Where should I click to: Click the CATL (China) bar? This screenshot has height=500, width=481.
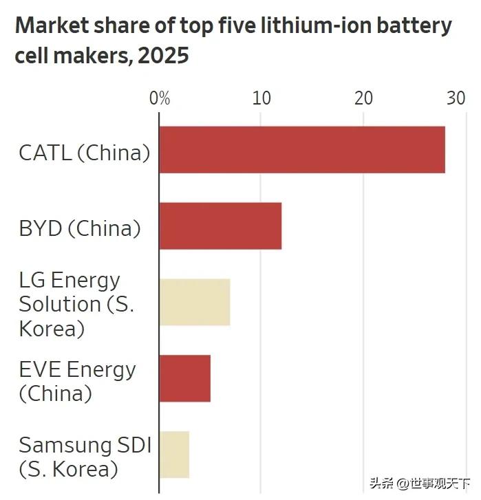[302, 149]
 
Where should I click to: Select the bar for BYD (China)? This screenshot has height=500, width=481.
[220, 226]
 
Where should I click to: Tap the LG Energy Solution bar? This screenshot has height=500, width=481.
[195, 302]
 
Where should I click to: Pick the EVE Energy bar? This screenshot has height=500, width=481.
[185, 378]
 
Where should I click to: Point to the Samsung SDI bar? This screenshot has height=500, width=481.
[174, 455]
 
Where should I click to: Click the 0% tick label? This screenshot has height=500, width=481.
[160, 98]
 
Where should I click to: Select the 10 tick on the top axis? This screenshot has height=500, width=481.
[261, 98]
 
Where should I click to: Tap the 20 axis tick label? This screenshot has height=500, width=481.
[363, 98]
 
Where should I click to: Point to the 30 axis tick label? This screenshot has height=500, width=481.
[456, 98]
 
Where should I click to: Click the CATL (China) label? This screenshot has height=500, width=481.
[84, 153]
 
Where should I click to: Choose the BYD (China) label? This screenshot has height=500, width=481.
[80, 228]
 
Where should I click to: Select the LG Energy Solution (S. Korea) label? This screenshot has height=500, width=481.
[76, 303]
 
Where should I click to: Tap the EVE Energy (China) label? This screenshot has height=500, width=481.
[77, 381]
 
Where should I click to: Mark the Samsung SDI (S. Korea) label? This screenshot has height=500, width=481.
[84, 457]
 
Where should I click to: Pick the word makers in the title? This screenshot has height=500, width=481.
[93, 56]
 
